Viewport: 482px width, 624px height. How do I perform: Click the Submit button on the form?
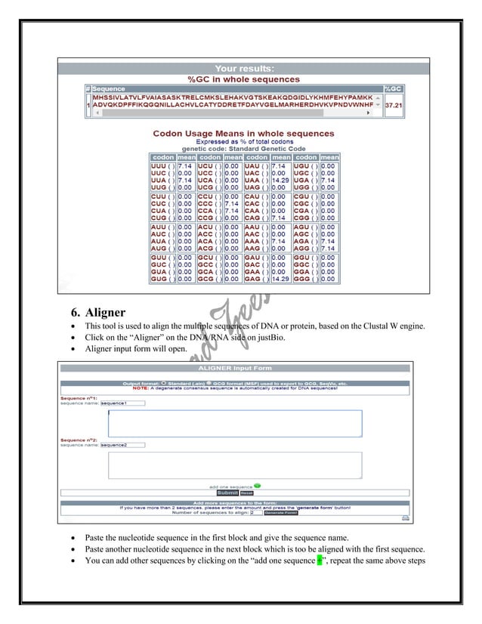click(227, 493)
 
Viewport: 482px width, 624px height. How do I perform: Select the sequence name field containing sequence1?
click(123, 403)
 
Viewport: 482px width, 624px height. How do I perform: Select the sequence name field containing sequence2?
click(123, 445)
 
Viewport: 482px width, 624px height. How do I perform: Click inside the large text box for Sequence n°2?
click(234, 465)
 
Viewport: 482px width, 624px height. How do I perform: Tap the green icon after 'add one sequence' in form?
click(258, 486)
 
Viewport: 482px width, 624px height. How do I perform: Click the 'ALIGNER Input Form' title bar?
click(236, 367)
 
